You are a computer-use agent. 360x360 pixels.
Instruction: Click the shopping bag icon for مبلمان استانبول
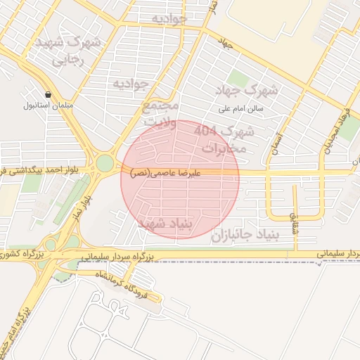coord(48,94)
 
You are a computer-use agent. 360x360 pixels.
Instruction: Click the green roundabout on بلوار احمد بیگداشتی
coord(105,163)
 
